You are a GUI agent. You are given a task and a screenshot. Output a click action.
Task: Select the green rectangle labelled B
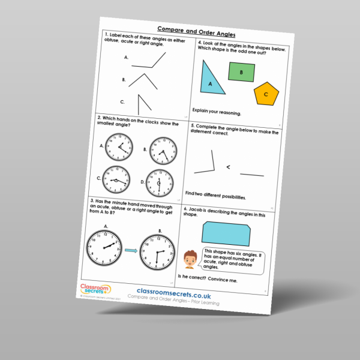241,73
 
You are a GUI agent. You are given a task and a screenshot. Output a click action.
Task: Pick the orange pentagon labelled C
266,94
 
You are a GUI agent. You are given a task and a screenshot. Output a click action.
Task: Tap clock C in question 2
116,178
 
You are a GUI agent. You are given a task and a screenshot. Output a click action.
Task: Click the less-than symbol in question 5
227,167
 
